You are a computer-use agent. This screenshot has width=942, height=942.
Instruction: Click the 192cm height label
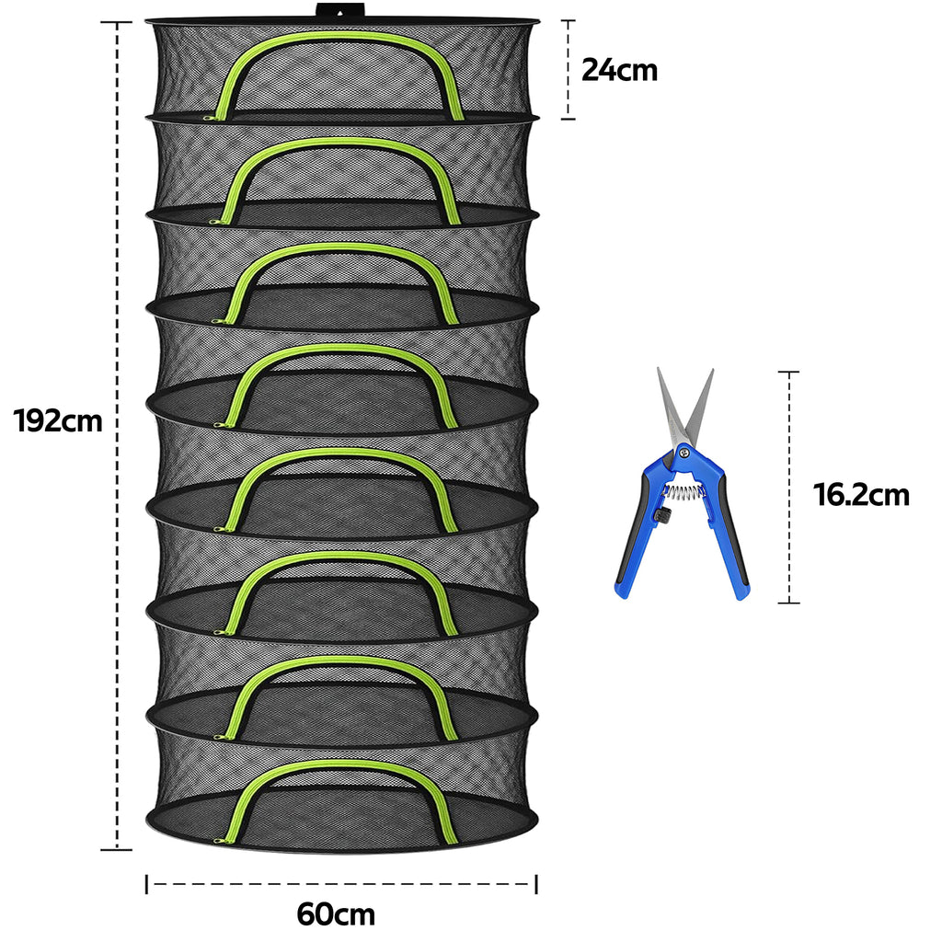[58, 421]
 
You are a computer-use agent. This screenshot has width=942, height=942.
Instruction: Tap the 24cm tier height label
[619, 70]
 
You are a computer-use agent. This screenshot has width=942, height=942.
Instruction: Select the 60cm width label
[336, 914]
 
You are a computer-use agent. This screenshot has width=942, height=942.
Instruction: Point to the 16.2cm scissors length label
[861, 495]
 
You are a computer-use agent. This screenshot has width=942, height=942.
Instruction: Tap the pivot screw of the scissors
[684, 448]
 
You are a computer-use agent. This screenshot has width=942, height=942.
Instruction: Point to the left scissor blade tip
[658, 368]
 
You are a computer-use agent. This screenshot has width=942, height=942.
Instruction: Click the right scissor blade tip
[713, 370]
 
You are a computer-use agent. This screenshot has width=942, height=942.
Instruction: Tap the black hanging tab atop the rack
[339, 11]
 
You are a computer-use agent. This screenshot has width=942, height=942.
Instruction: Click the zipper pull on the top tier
[210, 118]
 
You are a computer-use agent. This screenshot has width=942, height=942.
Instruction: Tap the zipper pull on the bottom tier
[220, 840]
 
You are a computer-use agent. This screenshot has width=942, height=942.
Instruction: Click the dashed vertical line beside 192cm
[117, 435]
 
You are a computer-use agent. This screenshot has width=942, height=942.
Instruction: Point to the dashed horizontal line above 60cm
[341, 883]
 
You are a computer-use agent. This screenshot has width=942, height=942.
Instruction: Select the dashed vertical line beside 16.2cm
[788, 488]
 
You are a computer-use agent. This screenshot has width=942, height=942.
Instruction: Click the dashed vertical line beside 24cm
[569, 69]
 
